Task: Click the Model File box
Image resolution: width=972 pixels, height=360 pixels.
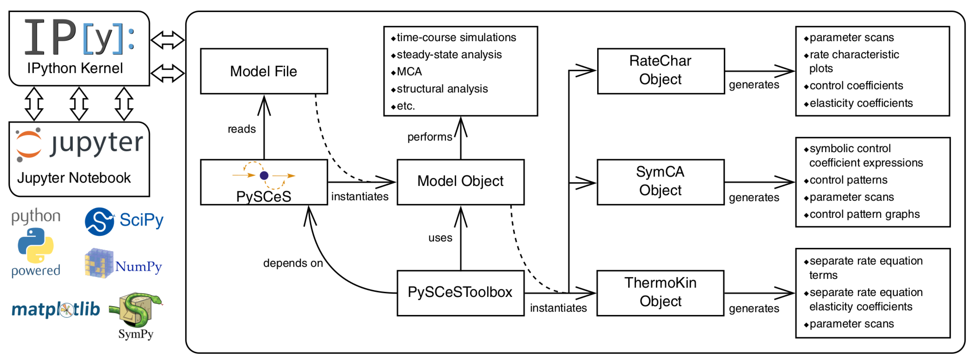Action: point(264,71)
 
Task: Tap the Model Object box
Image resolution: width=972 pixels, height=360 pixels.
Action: point(460,182)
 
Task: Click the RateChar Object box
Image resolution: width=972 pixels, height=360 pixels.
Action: point(660,71)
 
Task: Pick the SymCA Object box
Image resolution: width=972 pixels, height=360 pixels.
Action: point(660,182)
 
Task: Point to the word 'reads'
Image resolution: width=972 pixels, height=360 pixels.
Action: point(242,129)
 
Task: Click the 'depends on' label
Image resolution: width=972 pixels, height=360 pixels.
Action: point(293,263)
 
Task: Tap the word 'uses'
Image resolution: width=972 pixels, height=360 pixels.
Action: point(440,238)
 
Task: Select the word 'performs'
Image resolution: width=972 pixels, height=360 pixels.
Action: point(430,137)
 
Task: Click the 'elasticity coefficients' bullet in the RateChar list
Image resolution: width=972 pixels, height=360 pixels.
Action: point(861,103)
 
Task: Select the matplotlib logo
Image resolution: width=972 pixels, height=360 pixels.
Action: point(56,309)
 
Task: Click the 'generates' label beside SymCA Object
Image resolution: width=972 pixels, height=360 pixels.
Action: point(754,197)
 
